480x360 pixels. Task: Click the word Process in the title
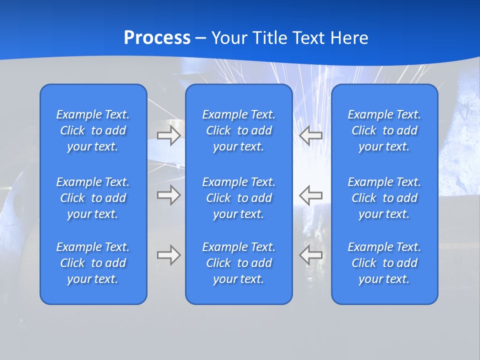[x=157, y=38]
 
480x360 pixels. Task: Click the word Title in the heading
[x=269, y=38]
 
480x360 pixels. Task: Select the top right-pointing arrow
[x=168, y=135]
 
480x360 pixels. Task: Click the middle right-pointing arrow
[x=168, y=195]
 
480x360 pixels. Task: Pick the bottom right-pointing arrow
[x=168, y=255]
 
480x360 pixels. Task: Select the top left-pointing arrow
[x=311, y=135]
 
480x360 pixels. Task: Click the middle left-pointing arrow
[x=311, y=195]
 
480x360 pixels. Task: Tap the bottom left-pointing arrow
[x=311, y=255]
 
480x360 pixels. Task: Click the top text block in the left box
[x=93, y=130]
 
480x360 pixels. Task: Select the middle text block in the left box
[x=93, y=198]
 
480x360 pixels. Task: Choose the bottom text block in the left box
[x=93, y=263]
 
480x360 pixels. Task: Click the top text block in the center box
[x=238, y=130]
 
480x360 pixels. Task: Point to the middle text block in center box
[x=238, y=198]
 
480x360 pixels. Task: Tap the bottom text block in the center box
[x=238, y=263]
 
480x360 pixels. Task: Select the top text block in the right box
[x=384, y=130]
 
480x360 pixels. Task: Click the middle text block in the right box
[x=384, y=198]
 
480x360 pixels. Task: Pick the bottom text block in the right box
[x=384, y=263]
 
